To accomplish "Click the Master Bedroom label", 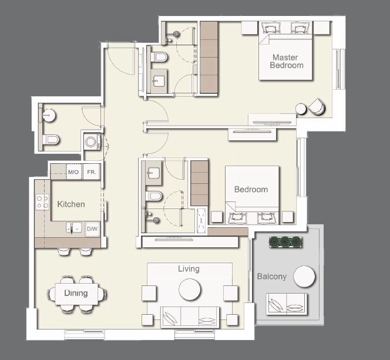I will [x=287, y=62].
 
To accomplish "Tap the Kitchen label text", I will [x=71, y=204].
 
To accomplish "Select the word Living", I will [x=189, y=269].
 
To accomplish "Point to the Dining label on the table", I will [x=76, y=293].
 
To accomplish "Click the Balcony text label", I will [x=272, y=276].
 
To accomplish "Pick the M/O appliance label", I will [x=73, y=172].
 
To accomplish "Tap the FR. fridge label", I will [x=92, y=172].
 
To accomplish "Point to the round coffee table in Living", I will [x=190, y=289].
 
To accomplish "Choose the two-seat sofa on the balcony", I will [x=286, y=303].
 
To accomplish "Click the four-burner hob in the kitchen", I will [x=42, y=203].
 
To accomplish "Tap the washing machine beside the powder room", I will [x=92, y=143].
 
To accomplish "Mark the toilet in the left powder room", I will [x=51, y=140].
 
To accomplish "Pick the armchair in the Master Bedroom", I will [x=315, y=106].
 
